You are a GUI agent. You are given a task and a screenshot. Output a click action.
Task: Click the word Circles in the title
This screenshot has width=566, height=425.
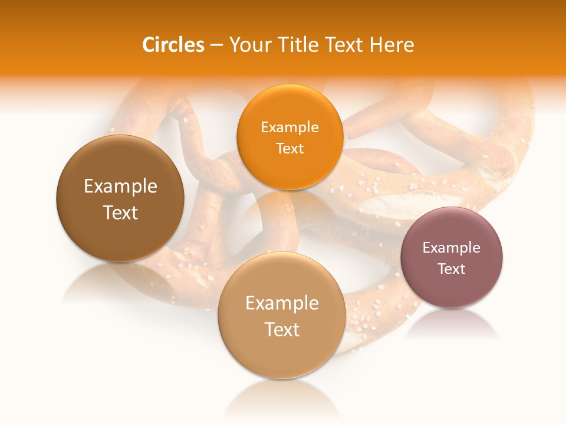[x=173, y=45]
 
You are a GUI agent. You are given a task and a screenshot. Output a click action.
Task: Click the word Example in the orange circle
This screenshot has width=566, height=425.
[x=289, y=127]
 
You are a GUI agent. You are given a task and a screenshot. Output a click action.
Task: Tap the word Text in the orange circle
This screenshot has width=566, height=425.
[x=289, y=149]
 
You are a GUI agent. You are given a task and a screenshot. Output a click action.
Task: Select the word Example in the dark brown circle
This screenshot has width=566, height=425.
[x=120, y=187]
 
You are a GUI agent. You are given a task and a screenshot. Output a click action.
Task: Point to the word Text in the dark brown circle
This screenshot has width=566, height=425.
[x=120, y=212]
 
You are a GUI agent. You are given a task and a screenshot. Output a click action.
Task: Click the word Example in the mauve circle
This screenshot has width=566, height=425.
[x=452, y=248]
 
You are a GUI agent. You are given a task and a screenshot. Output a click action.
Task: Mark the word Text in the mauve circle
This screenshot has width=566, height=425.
[x=452, y=269]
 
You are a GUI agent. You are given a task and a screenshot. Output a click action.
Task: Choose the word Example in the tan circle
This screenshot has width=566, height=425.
[x=282, y=303]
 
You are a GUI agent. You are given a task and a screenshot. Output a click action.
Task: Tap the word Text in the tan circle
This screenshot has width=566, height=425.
[x=282, y=329]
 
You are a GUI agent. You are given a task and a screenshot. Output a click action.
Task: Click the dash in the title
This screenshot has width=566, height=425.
[x=216, y=45]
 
